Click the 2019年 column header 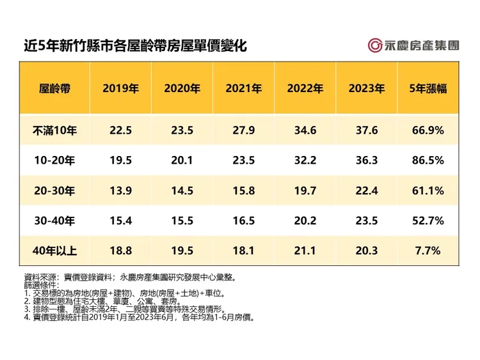(120, 89)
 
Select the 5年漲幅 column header (428, 89)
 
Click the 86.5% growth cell (428, 160)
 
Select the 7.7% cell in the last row (428, 251)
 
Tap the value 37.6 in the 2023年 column (366, 130)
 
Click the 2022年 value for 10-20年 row (305, 160)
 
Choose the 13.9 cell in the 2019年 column (120, 191)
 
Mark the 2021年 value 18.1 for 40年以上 (243, 251)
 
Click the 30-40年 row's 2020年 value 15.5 (182, 221)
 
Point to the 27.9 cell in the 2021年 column (243, 130)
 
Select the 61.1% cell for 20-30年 (428, 191)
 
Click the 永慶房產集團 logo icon (375, 45)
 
